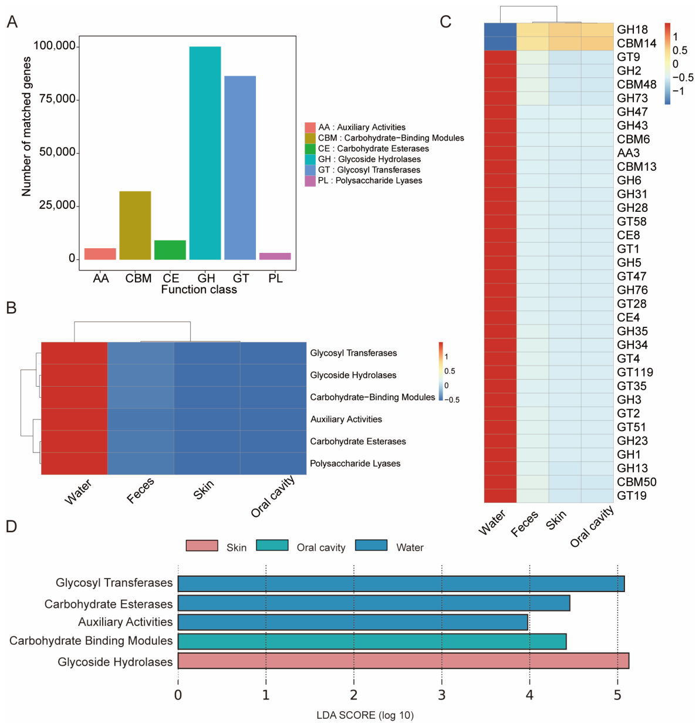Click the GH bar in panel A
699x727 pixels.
click(205, 153)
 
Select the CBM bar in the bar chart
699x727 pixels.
click(135, 225)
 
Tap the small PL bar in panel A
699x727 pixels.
click(275, 256)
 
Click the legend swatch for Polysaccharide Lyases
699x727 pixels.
click(310, 181)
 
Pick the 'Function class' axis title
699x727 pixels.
click(199, 289)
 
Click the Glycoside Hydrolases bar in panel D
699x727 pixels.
click(403, 661)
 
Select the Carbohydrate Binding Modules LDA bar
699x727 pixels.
click(372, 641)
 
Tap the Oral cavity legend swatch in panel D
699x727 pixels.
click(272, 545)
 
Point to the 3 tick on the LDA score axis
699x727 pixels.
click(441, 695)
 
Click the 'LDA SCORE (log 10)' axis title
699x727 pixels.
click(365, 715)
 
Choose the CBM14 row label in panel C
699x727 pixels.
click(636, 43)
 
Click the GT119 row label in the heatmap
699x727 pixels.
click(635, 372)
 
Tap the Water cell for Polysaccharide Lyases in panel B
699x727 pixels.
click(75, 464)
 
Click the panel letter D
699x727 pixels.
click(12, 526)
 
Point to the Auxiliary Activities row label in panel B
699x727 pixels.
click(346, 419)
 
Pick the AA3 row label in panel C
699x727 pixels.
click(628, 153)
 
